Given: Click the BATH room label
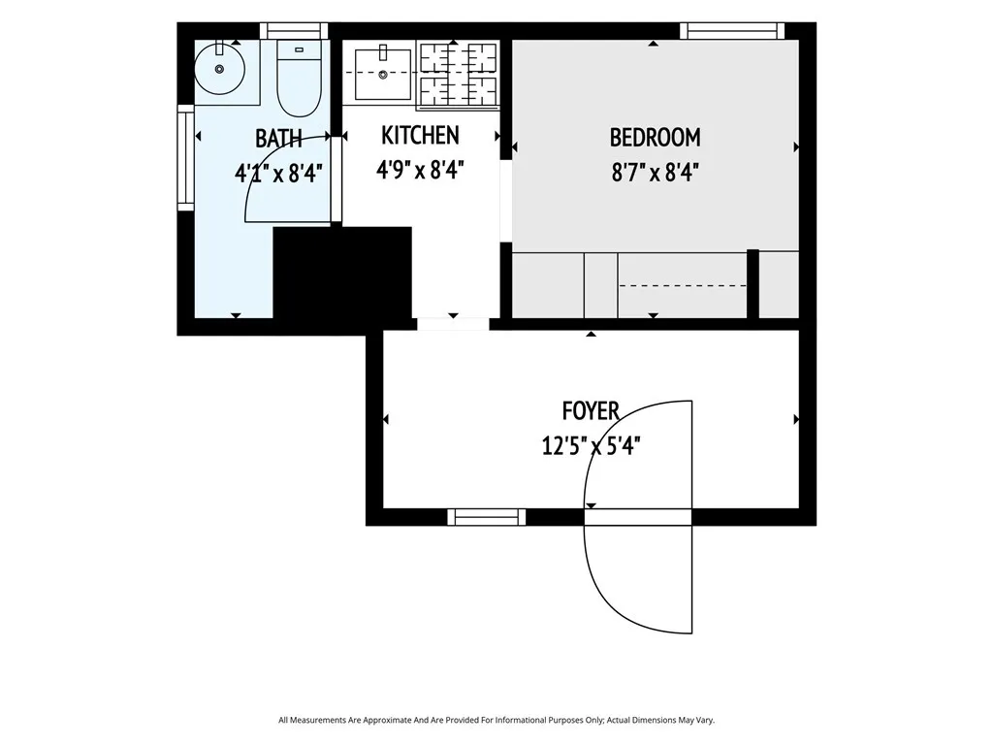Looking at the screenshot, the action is click(278, 139).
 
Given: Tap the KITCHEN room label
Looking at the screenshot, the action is click(421, 136).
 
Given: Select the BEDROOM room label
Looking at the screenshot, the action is click(655, 138).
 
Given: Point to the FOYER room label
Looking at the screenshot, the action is click(591, 411).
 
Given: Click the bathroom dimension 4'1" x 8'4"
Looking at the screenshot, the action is click(278, 173).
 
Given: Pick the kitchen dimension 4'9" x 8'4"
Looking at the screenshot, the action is click(421, 170).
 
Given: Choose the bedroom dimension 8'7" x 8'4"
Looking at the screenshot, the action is click(655, 173).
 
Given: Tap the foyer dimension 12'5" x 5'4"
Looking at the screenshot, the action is click(591, 446).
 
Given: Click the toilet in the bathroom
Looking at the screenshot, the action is click(299, 79).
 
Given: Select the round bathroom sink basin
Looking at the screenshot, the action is click(219, 69).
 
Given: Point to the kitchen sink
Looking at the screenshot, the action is click(382, 74).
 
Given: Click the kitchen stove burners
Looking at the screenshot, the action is click(458, 74).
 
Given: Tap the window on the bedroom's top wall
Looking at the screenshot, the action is click(733, 30).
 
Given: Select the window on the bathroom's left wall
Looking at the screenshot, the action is click(185, 158).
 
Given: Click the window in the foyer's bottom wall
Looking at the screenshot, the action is click(487, 518).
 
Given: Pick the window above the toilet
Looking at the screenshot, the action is click(294, 30).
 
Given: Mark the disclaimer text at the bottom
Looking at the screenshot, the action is click(496, 721).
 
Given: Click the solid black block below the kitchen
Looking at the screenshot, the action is click(342, 273).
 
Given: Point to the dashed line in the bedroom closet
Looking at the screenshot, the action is click(683, 286).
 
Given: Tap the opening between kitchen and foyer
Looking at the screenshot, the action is click(453, 324).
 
